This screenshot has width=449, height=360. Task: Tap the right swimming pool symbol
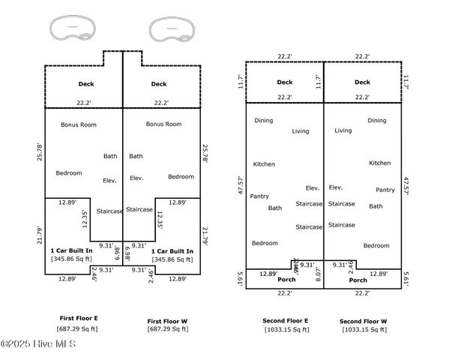coord(171,30)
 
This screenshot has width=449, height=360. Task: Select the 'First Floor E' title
coord(78,319)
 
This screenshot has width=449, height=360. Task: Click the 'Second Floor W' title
coord(363,320)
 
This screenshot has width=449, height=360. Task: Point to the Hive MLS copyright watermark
coord(38,344)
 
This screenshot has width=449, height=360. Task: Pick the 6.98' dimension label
coord(127,251)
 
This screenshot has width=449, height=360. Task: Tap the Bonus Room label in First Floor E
coord(79,124)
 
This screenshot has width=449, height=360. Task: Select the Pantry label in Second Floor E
coord(259,196)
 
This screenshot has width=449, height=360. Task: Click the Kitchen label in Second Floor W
coord(379,163)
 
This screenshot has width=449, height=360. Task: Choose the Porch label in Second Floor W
coord(358,280)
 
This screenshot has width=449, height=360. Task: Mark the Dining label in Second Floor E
coord(263,120)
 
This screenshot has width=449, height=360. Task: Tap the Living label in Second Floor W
coord(343,130)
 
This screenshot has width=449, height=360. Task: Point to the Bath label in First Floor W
coord(136,156)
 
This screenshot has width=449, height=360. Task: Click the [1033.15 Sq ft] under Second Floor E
coord(285,329)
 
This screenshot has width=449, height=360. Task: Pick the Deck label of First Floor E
coord(86,84)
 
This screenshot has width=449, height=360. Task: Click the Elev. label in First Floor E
coord(110,180)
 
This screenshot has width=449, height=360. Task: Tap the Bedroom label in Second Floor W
coord(376,245)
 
